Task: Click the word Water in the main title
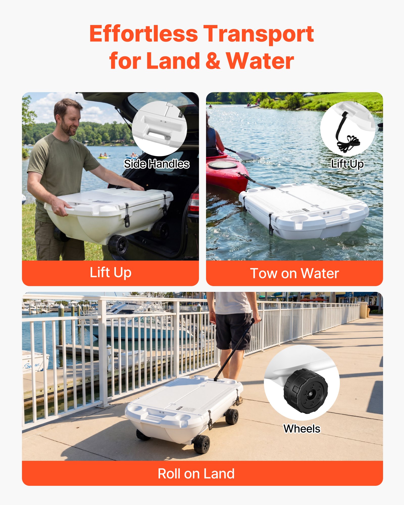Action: point(260,61)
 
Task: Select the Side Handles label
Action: point(157,164)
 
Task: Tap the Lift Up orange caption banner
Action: point(110,273)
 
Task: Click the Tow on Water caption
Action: point(294,273)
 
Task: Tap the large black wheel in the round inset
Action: point(306,391)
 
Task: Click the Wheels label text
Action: point(302,429)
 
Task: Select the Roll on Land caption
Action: point(196,473)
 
